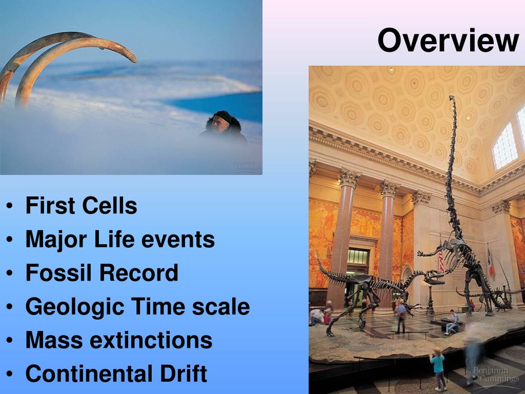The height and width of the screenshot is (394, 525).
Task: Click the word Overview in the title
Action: point(448,40)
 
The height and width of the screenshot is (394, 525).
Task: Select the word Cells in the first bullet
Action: point(110,205)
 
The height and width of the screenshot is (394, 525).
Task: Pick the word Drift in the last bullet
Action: point(184,373)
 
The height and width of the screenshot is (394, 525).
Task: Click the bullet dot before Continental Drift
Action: point(9,374)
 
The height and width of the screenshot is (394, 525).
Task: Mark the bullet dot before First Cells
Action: point(9,206)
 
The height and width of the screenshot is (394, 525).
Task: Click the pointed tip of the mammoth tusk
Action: point(134,60)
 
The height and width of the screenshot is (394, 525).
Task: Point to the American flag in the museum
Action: point(441,258)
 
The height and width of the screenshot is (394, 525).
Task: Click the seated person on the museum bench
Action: point(452,322)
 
